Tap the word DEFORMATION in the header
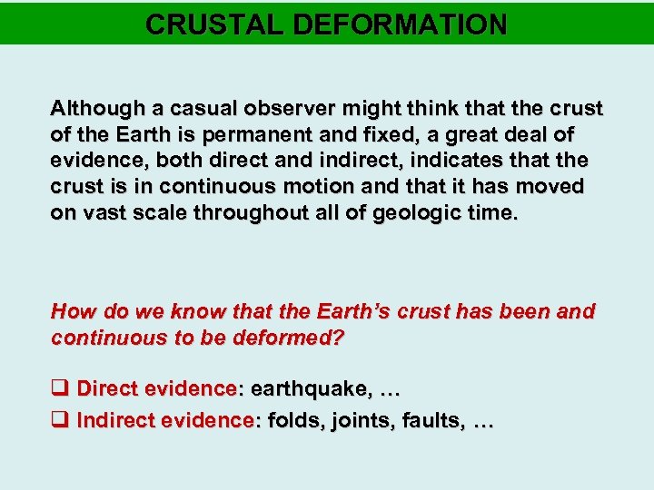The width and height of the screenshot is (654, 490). pyautogui.click(x=396, y=24)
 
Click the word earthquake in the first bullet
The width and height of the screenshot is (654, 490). pyautogui.click(x=309, y=389)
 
